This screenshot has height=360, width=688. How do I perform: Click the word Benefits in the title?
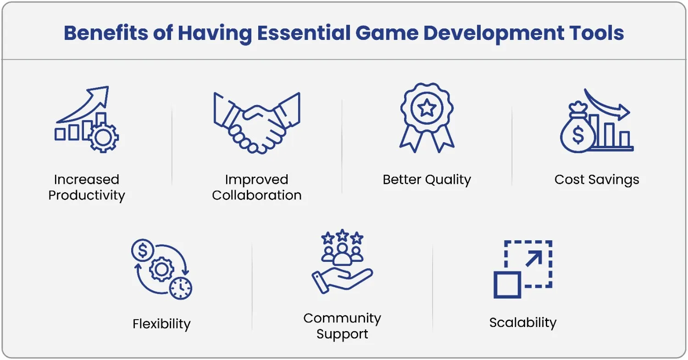(x=105, y=33)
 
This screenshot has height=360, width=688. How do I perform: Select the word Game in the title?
(x=387, y=33)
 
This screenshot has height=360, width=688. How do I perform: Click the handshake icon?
(x=257, y=123)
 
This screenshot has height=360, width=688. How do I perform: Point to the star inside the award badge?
(x=427, y=108)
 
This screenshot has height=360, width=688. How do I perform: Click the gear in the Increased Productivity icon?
(x=103, y=137)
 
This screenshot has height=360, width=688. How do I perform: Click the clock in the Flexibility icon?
(x=181, y=288)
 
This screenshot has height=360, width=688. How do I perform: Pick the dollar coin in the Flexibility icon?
(x=143, y=250)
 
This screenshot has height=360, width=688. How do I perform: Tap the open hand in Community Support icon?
(x=342, y=280)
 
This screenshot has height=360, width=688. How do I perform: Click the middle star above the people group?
(x=342, y=236)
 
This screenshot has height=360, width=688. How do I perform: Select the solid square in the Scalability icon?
(x=507, y=285)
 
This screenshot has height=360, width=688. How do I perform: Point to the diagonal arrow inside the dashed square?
(x=534, y=259)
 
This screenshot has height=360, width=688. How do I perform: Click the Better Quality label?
(x=427, y=180)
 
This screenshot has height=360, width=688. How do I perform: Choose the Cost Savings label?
(x=597, y=180)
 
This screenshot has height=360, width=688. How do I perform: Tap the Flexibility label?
(x=161, y=324)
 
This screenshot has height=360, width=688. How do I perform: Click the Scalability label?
(x=523, y=323)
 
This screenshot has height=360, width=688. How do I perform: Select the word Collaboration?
(x=257, y=195)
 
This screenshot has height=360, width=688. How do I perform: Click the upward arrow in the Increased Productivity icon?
(x=83, y=105)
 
